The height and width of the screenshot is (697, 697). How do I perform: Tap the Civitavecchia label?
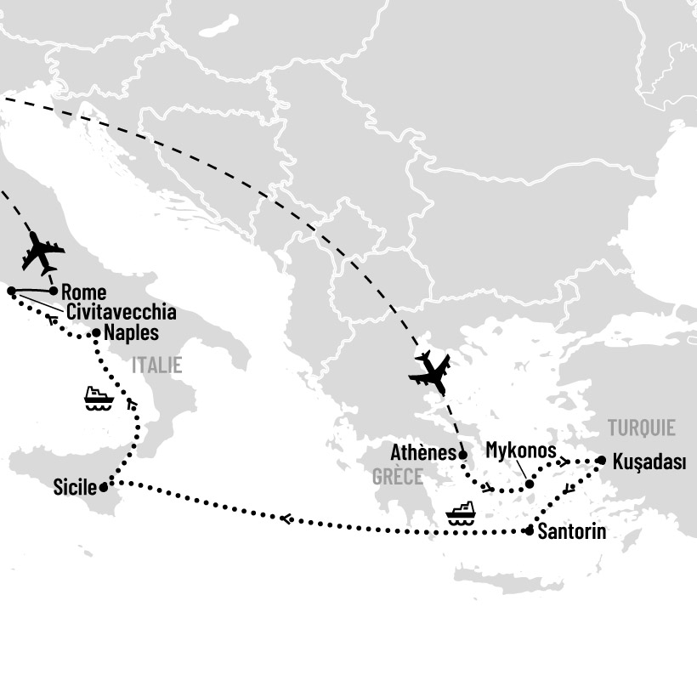point(121,312)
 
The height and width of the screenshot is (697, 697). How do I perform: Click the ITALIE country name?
point(156,366)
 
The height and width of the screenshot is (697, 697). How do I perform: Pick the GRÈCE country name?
point(397,477)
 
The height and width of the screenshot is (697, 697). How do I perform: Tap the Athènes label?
point(423,453)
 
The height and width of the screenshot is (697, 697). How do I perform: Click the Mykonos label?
point(521,450)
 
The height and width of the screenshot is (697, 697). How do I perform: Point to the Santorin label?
point(572,533)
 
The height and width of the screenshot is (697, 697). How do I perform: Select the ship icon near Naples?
point(99,399)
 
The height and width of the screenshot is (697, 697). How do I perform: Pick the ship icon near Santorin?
point(461,513)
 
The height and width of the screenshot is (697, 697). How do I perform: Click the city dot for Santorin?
point(530,531)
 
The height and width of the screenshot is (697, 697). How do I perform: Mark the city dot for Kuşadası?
point(601,460)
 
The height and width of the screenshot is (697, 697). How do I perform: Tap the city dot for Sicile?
point(104,488)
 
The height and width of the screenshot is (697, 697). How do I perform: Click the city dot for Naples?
point(96,333)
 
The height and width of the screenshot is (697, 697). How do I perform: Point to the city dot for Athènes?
point(462,455)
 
